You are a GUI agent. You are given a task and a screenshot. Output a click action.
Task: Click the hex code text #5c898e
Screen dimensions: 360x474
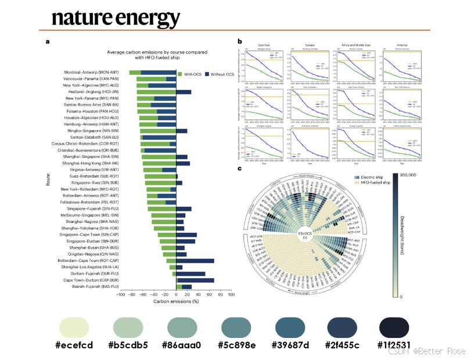point(236,345)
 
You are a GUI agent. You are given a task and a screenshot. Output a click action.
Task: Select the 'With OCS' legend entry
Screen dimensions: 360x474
point(193,74)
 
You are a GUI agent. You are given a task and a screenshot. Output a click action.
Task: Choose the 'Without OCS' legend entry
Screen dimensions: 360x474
point(221,74)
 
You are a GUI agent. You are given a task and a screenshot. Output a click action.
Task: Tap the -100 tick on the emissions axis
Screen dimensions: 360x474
point(121,295)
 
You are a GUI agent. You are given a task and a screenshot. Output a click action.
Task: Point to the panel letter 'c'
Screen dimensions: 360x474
point(239,168)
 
